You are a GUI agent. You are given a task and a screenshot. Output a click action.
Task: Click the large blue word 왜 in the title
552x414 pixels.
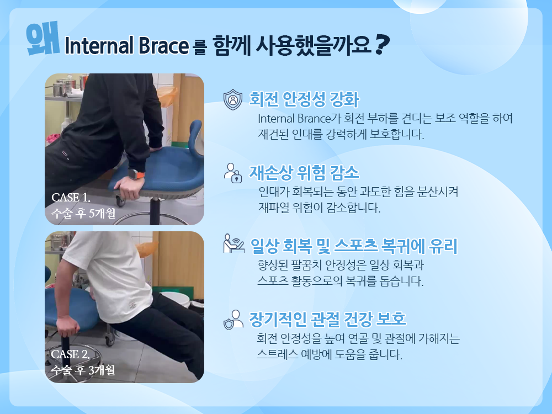pos(43,38)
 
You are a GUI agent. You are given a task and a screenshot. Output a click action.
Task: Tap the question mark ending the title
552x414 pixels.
pos(382,44)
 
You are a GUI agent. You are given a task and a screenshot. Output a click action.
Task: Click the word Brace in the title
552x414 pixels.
pos(163,46)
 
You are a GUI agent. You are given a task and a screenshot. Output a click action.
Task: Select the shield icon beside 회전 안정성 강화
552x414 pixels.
pos(233,99)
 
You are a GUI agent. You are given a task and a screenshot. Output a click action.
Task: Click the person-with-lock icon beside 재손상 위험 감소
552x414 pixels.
pos(233,173)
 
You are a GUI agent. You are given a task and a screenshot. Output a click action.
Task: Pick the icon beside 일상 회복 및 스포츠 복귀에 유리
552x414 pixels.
pos(233,243)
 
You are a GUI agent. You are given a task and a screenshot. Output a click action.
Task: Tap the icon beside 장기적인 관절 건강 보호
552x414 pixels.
pos(233,320)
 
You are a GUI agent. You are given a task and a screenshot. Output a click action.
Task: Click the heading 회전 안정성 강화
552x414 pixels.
pos(304,99)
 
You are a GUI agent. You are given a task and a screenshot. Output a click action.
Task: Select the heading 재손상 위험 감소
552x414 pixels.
pos(304,172)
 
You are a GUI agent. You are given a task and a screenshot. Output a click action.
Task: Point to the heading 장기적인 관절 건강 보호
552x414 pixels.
pos(327,319)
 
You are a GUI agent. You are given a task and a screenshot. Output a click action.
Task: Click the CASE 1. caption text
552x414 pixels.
pos(71,198)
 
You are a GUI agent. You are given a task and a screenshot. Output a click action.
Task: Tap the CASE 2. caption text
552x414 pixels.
pos(71,354)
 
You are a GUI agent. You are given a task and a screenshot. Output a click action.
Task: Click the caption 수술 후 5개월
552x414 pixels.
pos(83,213)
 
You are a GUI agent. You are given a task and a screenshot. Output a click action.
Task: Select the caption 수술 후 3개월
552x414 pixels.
pos(83,370)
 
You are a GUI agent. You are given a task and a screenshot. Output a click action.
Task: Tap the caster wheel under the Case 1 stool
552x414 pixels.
pos(120,201)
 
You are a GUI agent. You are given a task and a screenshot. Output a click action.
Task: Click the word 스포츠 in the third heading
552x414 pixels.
pos(356,246)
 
